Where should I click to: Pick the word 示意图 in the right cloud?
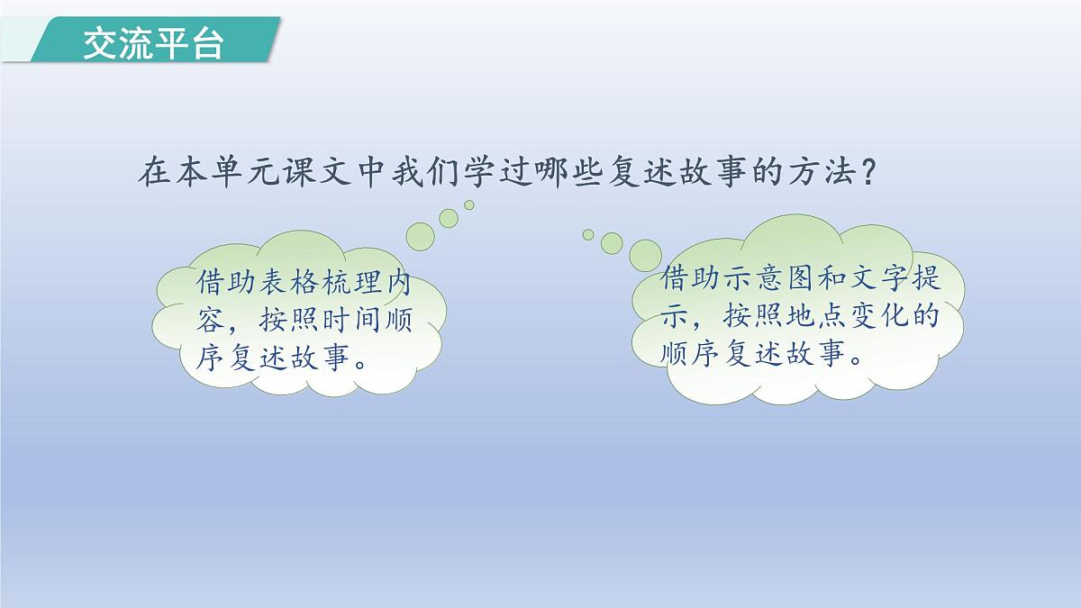click(768, 278)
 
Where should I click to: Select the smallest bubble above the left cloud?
click(469, 205)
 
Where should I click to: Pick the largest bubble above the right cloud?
click(645, 255)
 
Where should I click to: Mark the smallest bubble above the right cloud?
click(588, 234)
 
